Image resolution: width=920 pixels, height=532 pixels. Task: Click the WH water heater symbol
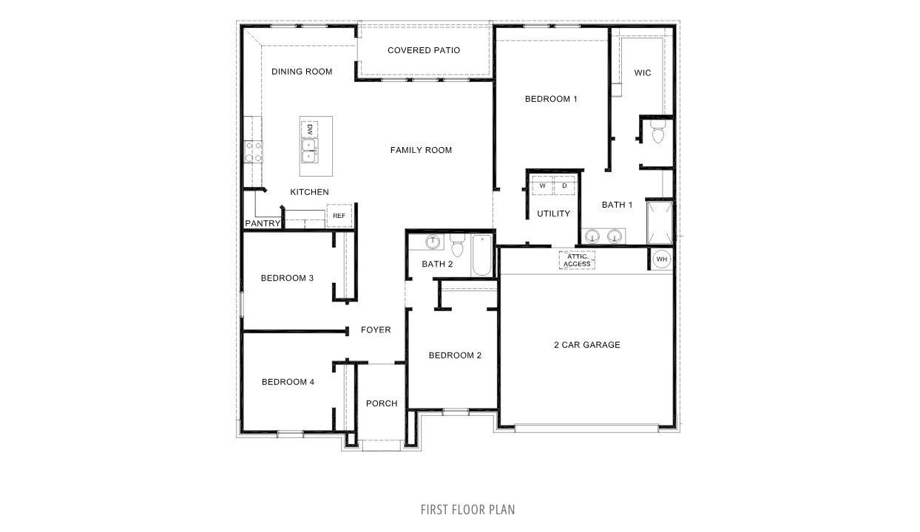(x=661, y=259)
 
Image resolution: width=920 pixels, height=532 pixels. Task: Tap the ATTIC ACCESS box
(x=577, y=260)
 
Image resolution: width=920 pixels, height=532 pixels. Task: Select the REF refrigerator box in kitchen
(x=339, y=216)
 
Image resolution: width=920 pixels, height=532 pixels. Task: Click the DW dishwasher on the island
(x=311, y=129)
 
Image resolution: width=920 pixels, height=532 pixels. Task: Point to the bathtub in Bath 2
(x=481, y=255)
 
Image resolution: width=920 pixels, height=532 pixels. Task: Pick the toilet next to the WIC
(x=657, y=134)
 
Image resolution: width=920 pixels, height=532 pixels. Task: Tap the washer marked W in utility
(x=543, y=185)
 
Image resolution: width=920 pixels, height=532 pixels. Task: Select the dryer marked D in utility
(x=564, y=185)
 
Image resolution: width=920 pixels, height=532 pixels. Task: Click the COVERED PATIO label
(x=424, y=50)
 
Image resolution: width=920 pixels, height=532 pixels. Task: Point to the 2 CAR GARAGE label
(x=586, y=344)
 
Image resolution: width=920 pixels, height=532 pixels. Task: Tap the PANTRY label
(x=263, y=223)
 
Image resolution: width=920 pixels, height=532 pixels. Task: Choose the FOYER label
(x=376, y=330)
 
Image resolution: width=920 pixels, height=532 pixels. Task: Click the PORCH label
(x=382, y=403)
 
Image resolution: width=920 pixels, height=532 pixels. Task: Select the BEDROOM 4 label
(x=288, y=382)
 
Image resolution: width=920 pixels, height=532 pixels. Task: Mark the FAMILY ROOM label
(x=421, y=150)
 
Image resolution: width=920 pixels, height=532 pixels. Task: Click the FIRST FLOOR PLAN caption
(x=467, y=509)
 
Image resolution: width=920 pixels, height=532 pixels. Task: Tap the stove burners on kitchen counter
(x=254, y=152)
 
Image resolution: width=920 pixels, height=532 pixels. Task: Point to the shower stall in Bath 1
(x=660, y=222)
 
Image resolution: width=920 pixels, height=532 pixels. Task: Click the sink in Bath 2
(x=433, y=242)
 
